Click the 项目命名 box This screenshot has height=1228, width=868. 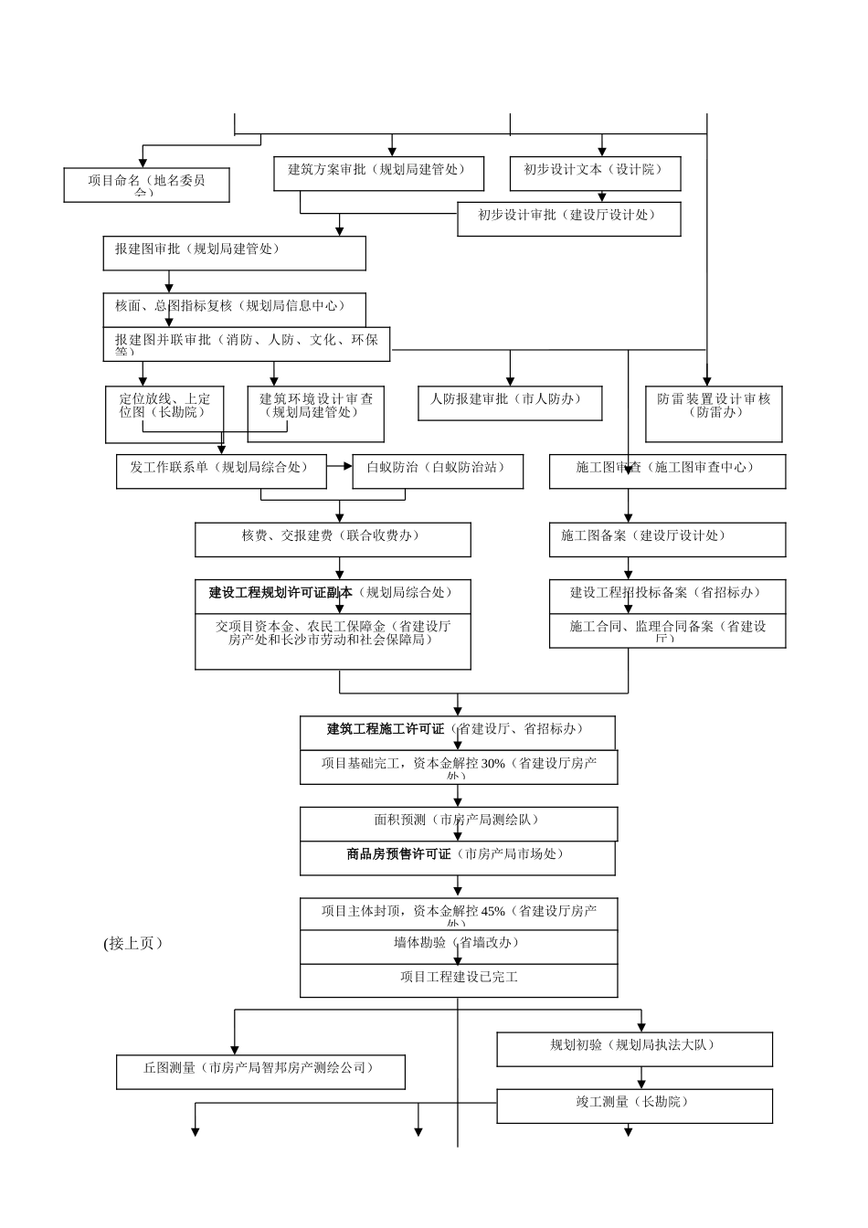[146, 185]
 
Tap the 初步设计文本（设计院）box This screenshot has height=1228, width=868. [595, 173]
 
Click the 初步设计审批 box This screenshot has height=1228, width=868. [568, 218]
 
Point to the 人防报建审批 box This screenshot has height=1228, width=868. [510, 403]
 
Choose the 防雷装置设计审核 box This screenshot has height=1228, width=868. [714, 413]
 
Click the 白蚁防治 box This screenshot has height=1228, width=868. [439, 471]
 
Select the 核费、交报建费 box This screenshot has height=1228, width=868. [333, 539]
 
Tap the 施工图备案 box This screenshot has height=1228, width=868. [667, 539]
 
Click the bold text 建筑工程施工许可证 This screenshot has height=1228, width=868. [386, 729]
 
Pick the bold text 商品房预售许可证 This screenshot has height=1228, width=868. [398, 854]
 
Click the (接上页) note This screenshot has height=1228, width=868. [133, 944]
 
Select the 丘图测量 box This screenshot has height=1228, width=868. [260, 1072]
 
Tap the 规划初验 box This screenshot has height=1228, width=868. [634, 1049]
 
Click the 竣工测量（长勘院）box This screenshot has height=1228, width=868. [634, 1106]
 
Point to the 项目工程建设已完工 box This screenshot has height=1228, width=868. [459, 980]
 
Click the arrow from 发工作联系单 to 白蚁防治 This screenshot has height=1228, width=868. [340, 466]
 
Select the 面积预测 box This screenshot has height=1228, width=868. [459, 823]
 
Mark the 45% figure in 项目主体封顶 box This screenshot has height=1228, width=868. [492, 911]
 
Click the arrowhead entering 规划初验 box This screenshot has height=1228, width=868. [641, 1027]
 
